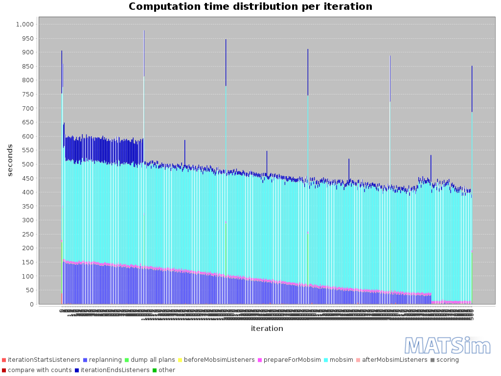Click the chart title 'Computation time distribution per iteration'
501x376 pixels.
click(250, 7)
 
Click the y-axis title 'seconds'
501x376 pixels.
click(10, 160)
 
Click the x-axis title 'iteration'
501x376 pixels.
click(267, 329)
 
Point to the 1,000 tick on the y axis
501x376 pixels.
click(24, 24)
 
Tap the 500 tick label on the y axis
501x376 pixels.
click(27, 164)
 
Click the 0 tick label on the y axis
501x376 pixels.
click(32, 305)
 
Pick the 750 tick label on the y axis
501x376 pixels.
click(27, 94)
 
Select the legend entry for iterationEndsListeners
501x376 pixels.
click(115, 370)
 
